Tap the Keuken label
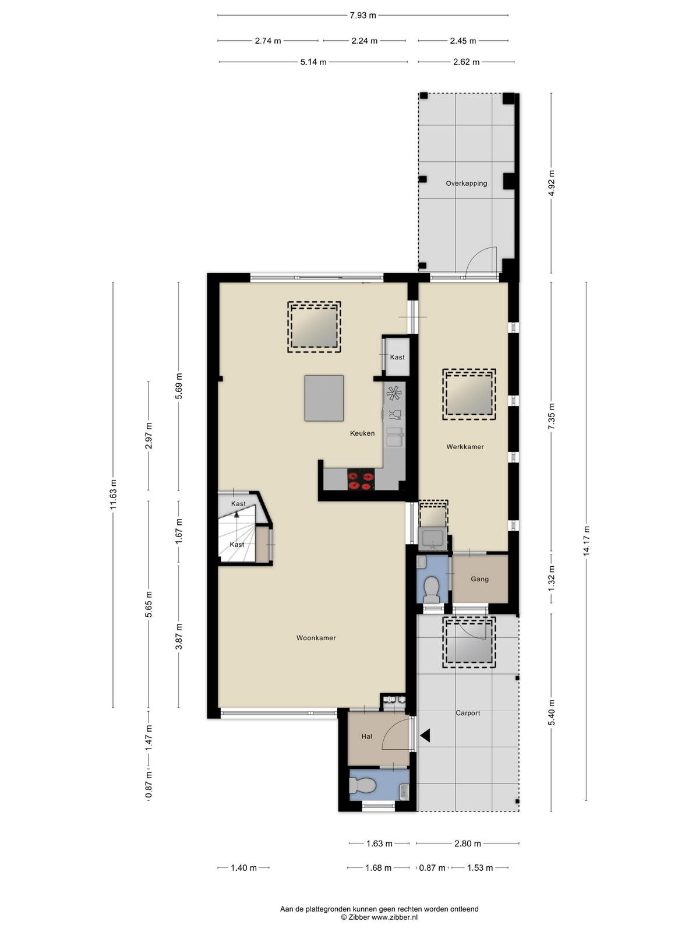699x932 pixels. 362,433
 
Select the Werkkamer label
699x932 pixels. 465,447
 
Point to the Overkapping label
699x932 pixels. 466,183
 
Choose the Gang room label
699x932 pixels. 479,579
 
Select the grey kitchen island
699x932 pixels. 324,398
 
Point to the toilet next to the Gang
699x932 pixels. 432,589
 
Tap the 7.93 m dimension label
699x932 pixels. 363,16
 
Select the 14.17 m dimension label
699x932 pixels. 586,541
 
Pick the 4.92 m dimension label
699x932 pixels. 551,183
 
